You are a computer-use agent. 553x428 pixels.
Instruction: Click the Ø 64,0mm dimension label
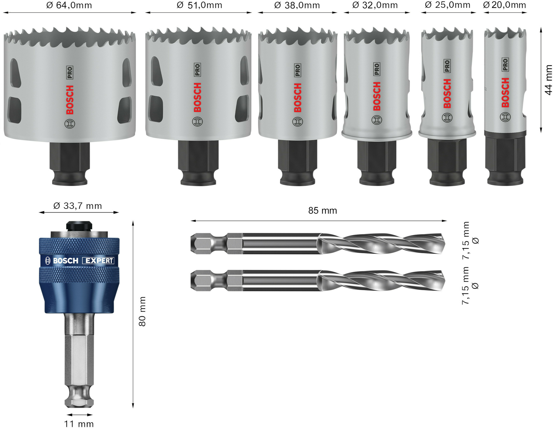click(x=69, y=5)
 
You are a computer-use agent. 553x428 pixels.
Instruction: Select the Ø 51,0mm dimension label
click(x=199, y=5)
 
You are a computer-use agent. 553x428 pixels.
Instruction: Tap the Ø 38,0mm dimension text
click(x=297, y=5)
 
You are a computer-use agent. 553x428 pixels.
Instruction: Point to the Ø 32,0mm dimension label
click(x=375, y=5)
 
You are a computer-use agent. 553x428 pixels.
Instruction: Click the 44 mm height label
click(x=548, y=80)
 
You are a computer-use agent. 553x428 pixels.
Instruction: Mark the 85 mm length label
click(x=323, y=211)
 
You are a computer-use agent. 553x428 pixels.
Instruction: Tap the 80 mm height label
click(x=142, y=312)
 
